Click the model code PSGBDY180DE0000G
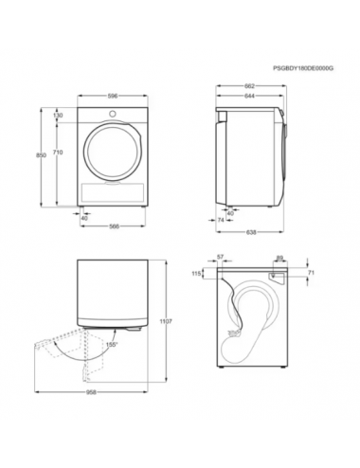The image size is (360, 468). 303,68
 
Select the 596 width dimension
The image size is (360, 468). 113,96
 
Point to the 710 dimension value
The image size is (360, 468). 58,153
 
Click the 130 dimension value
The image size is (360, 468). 58,116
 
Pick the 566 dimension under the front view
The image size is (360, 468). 115,226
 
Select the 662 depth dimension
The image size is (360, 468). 249,86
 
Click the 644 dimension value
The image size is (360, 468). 249,96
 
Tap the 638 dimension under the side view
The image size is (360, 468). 251,232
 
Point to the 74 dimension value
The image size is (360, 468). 221,220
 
